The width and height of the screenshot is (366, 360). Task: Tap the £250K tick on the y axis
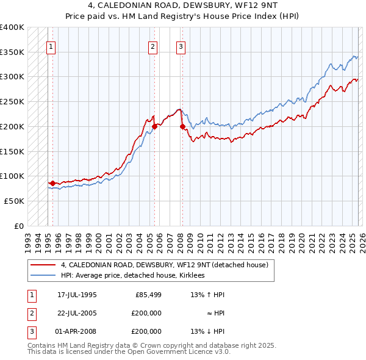pyautogui.click(x=12, y=102)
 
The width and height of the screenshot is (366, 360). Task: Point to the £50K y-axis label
pyautogui.click(x=14, y=201)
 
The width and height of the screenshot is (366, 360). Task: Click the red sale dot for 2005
pyautogui.click(x=154, y=126)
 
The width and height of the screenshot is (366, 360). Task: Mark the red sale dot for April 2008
pyautogui.click(x=182, y=126)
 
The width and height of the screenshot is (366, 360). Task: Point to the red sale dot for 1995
pyautogui.click(x=52, y=183)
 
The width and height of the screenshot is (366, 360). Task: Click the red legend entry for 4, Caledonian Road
pyautogui.click(x=165, y=265)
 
